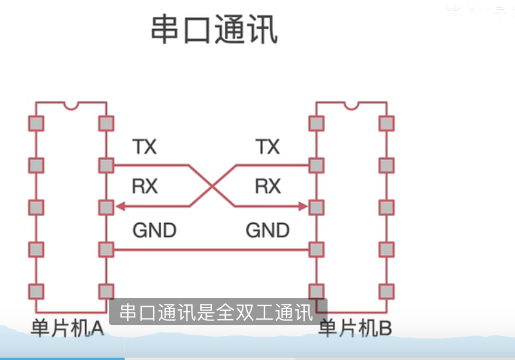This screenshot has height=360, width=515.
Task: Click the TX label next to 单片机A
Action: [x=144, y=146]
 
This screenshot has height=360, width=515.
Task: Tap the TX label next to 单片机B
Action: [x=268, y=146]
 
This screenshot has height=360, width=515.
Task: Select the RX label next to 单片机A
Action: [x=145, y=186]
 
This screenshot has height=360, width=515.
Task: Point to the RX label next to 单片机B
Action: [x=268, y=186]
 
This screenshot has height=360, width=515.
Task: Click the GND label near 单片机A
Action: [x=154, y=230]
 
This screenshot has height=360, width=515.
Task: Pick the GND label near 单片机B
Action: [x=267, y=230]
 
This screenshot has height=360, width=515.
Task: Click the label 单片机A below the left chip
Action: [x=67, y=329]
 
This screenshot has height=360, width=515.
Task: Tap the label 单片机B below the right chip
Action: [x=355, y=329]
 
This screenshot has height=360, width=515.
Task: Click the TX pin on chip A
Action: [x=106, y=165]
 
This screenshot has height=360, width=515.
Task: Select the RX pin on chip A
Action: [x=106, y=207]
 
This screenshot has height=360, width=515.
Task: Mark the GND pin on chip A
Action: [x=106, y=250]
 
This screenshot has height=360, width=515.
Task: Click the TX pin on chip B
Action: [x=316, y=165]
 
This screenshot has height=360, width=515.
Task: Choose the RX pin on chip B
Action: [x=316, y=207]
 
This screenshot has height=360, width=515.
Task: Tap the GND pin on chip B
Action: [x=316, y=250]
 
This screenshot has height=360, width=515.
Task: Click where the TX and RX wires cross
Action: [x=212, y=186]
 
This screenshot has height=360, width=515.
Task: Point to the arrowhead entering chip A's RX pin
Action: [x=119, y=206]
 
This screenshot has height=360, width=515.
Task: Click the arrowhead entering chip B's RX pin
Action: [x=303, y=206]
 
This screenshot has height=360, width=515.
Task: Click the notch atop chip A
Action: [x=71, y=105]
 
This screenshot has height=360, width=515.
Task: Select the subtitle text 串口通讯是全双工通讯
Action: [x=217, y=313]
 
